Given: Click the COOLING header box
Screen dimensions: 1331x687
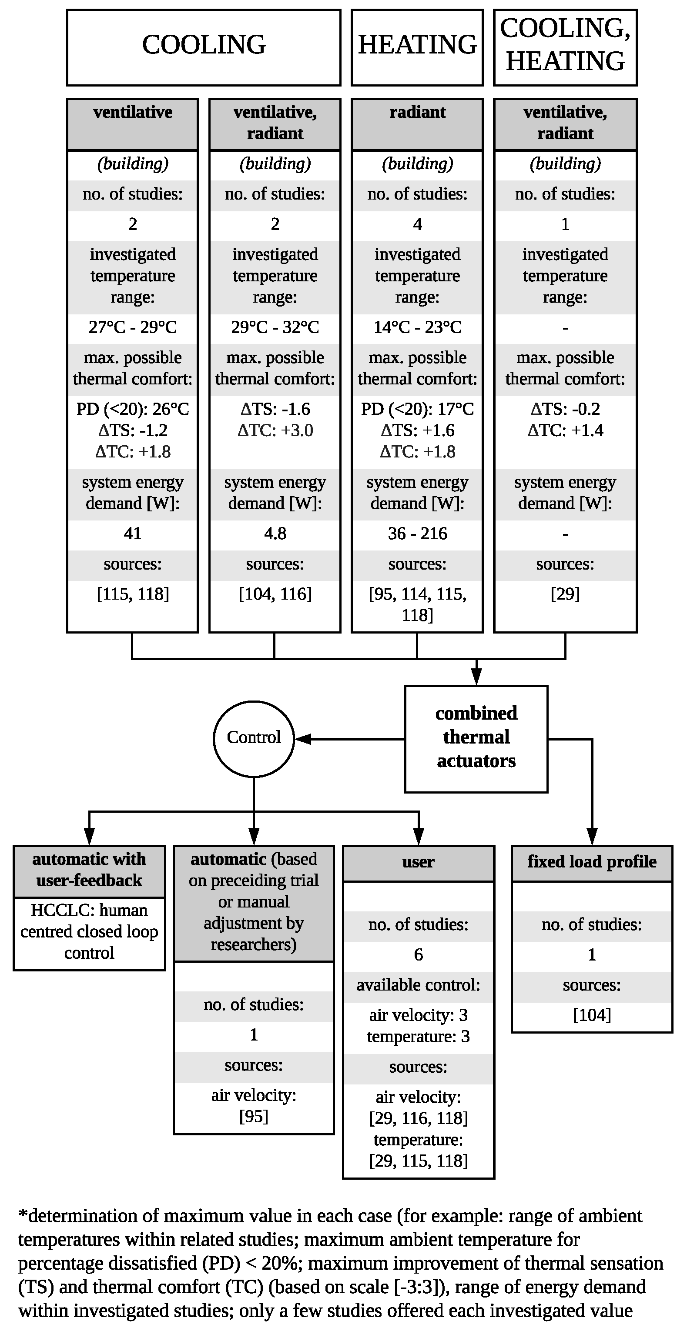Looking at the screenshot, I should point(204,47).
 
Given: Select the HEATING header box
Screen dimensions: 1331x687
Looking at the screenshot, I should point(417,47).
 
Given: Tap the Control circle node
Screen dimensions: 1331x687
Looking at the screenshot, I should point(253,738).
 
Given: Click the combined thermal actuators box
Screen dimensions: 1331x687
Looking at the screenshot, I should point(476,738).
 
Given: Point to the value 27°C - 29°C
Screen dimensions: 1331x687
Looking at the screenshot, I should point(132,327).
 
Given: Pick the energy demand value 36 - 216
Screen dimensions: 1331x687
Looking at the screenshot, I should point(417,533).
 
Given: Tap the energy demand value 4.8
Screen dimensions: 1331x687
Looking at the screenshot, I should point(275,533).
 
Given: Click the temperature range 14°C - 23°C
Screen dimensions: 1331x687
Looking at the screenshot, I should point(417,327).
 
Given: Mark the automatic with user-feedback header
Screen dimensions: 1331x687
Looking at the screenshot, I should point(89,870).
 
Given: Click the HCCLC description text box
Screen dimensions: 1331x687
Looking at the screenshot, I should point(89,931).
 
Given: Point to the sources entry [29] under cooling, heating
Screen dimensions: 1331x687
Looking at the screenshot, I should point(565,594).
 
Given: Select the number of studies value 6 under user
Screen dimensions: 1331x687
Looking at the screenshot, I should point(418,955).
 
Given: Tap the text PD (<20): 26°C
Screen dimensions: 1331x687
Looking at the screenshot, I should point(132,409).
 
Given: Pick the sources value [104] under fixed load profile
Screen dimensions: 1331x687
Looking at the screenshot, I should point(591,1015).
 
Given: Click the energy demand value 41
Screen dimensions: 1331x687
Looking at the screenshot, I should point(132,533).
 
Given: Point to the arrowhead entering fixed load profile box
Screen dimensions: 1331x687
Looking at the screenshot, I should point(592,836).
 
